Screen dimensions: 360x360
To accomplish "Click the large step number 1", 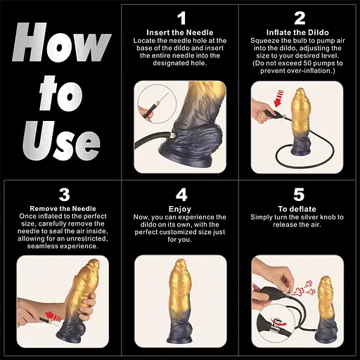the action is point(182,18).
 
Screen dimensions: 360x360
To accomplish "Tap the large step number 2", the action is point(300,18).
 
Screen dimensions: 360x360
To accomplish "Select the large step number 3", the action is point(64,195).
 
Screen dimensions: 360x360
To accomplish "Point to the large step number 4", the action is point(181,195).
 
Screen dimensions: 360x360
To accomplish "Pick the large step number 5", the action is point(299,195).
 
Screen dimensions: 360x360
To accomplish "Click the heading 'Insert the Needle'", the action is point(180,32).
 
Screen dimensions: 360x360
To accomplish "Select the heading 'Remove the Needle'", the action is point(63,209).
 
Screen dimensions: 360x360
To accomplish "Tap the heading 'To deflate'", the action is point(297,209).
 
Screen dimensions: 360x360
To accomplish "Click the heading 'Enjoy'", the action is point(180,209).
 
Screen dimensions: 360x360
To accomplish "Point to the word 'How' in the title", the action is point(61,42).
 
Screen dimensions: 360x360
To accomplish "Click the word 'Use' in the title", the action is point(61,141).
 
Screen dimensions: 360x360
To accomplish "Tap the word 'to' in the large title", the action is point(61,94).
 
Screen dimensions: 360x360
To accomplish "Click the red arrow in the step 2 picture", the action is point(279,98).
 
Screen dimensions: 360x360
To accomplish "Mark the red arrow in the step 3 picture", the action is point(53,316).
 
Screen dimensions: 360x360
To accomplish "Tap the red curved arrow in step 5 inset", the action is point(279,323).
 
